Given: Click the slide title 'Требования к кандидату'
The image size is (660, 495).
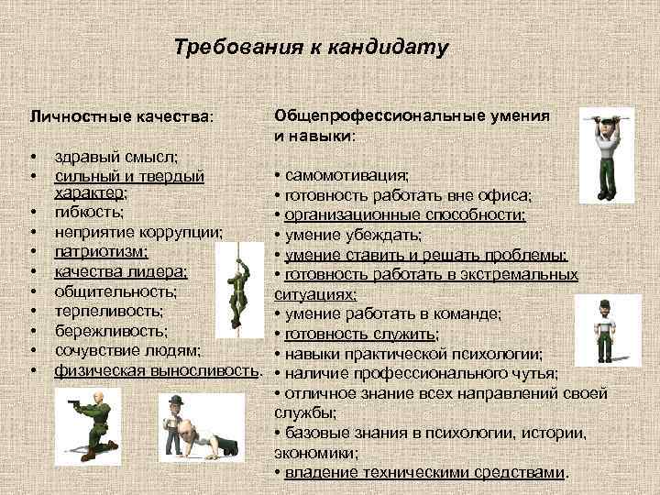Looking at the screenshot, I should tap(311, 48).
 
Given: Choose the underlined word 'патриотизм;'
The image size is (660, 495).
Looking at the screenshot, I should tap(102, 250).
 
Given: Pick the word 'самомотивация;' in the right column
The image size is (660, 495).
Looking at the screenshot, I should tap(347, 175).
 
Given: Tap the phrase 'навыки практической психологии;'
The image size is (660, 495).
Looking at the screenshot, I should tap(413, 354).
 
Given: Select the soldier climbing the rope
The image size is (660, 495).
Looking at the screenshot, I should tap(239, 290).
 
